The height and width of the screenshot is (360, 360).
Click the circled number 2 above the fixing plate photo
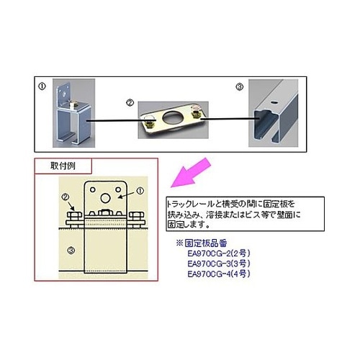tap(130, 102)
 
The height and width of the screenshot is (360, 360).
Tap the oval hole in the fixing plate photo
tap(171, 117)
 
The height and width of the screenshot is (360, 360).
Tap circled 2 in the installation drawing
tap(66, 197)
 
